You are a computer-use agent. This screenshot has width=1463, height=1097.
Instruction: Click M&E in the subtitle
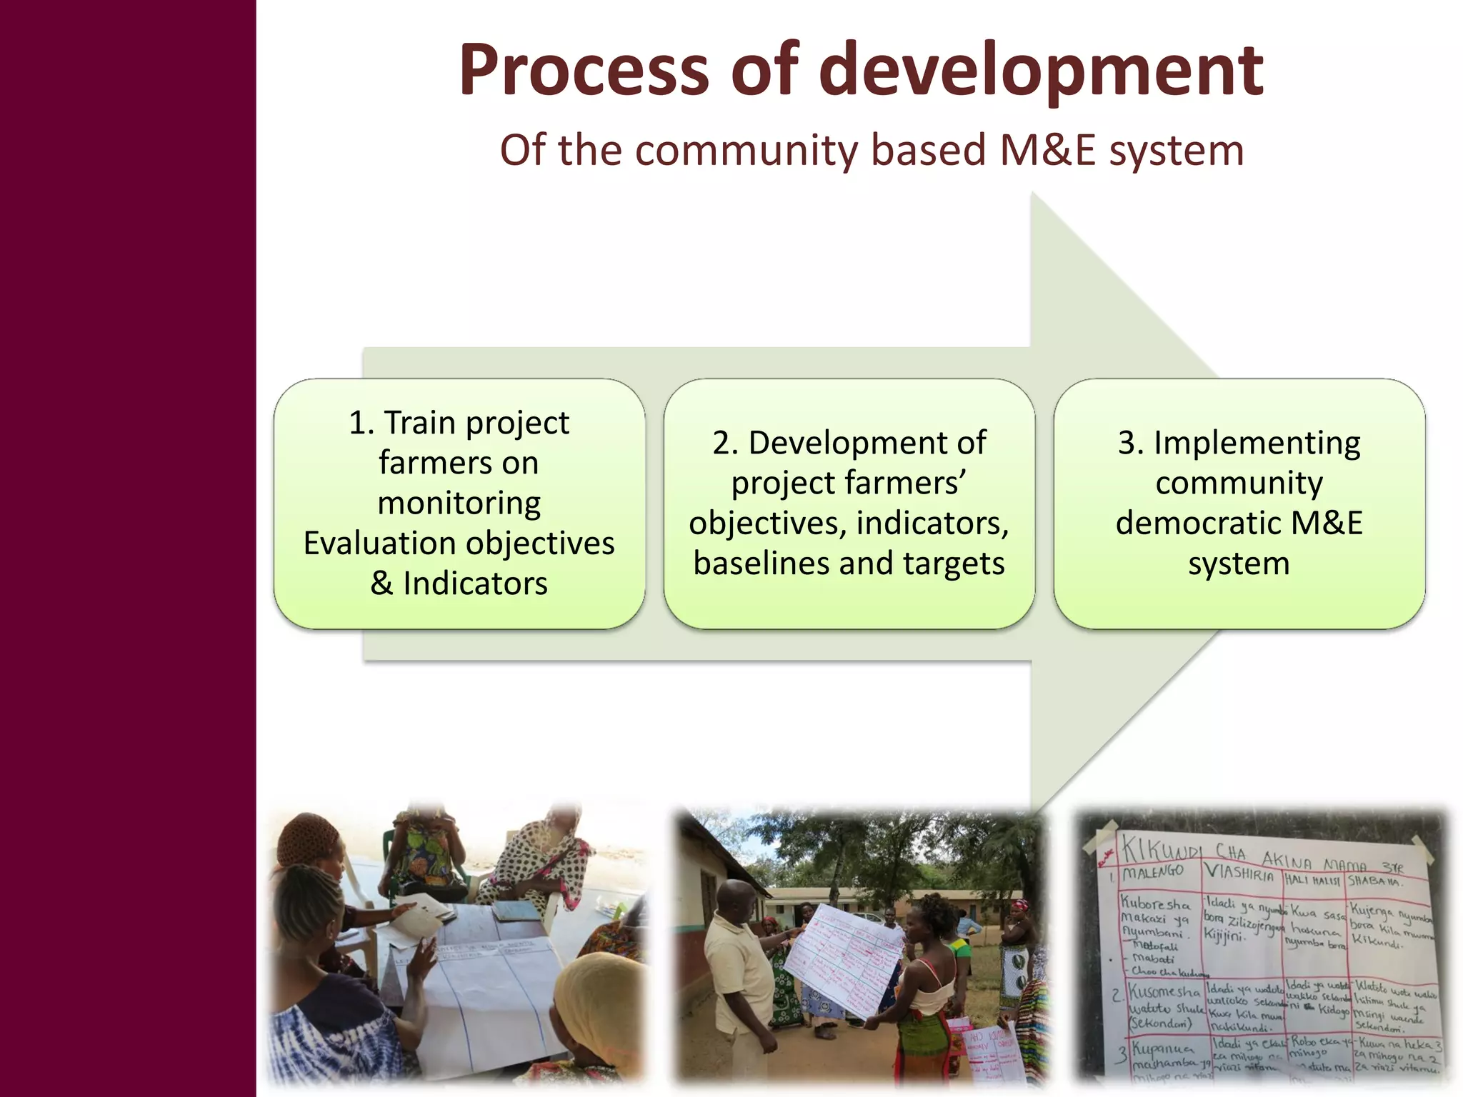pyautogui.click(x=1047, y=151)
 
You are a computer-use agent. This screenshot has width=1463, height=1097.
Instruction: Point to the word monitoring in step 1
pyautogui.click(x=459, y=503)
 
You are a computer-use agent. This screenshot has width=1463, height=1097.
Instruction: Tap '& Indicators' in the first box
pyautogui.click(x=459, y=583)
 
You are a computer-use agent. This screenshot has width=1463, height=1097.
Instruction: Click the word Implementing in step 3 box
pyautogui.click(x=1257, y=443)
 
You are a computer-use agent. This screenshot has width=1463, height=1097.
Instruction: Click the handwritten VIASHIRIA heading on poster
pyautogui.click(x=1239, y=873)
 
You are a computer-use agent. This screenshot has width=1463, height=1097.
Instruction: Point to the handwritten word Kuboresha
pyautogui.click(x=1154, y=903)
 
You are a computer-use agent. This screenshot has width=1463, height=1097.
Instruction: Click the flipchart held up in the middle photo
pyautogui.click(x=843, y=957)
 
